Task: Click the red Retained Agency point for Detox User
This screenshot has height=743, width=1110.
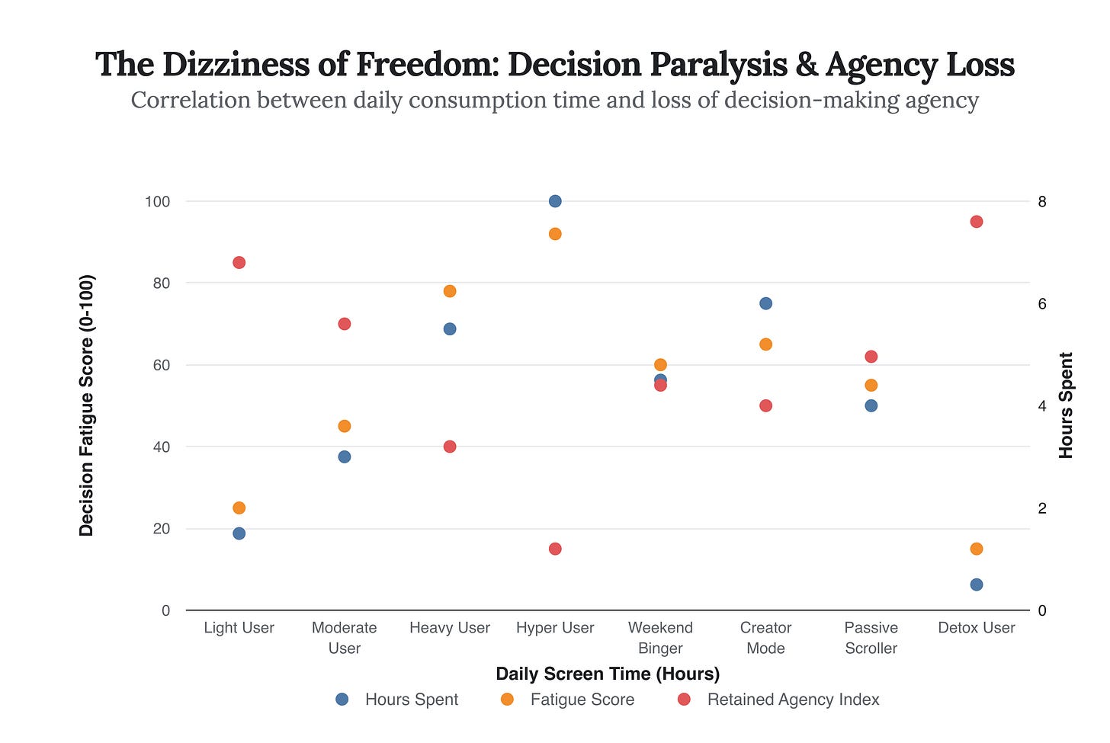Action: [x=976, y=222]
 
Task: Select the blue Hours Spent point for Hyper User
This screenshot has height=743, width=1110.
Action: [x=555, y=201]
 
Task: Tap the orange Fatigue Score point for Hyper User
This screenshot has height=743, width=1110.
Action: [x=555, y=234]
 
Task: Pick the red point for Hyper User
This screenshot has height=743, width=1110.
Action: [x=555, y=549]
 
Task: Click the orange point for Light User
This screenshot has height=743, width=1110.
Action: [x=239, y=508]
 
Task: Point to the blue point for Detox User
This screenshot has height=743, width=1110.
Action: [x=976, y=584]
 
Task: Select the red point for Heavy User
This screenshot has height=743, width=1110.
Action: [x=450, y=447]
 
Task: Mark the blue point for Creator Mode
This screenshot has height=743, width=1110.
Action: [x=765, y=303]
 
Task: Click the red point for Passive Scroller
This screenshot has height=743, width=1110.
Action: [x=871, y=357]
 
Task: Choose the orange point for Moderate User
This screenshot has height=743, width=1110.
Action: [x=344, y=426]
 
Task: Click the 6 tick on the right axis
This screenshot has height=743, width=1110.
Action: [x=1041, y=303]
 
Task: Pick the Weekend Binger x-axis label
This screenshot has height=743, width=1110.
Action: [x=660, y=638]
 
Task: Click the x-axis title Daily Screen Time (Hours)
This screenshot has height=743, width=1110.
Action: [x=608, y=674]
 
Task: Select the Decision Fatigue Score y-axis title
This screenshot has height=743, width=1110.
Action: [x=86, y=405]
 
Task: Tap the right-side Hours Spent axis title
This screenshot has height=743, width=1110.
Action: [x=1066, y=405]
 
